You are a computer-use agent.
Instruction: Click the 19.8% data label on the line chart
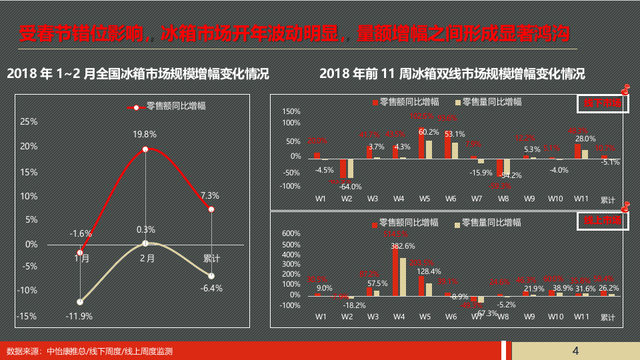pos(145,134)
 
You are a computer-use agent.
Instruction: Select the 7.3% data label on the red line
pos(210,195)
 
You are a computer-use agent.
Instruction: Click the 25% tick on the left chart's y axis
pos(29,121)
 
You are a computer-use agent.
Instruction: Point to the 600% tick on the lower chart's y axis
pos(292,233)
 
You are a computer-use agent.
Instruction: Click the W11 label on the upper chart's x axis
pos(581,199)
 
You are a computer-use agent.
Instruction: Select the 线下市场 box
pos(602,103)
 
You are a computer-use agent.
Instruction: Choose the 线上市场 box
pos(602,220)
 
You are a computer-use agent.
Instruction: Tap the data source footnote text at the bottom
pos(89,351)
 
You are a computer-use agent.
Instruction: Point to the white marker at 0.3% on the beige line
pos(145,243)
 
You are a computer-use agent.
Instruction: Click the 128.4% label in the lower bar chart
pos(429,271)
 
